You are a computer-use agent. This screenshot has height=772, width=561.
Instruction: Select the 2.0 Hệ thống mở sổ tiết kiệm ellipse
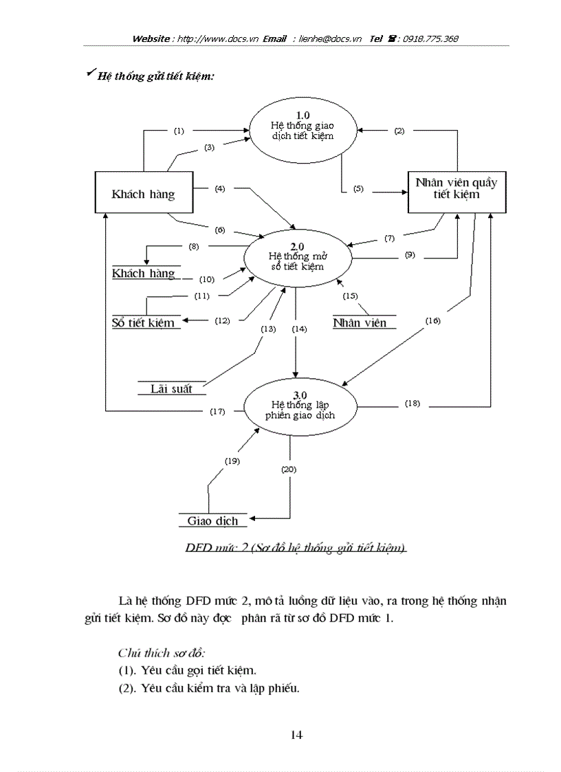click(x=296, y=256)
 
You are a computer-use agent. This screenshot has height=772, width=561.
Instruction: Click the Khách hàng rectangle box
click(x=143, y=194)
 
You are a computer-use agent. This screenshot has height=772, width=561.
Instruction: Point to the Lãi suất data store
click(x=171, y=388)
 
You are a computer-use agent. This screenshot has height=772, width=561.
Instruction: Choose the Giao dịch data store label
click(x=212, y=521)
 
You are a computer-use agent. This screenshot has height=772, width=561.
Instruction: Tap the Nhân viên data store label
click(x=360, y=322)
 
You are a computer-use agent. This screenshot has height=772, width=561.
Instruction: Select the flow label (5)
click(x=358, y=188)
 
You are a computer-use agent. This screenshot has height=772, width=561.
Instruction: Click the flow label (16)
click(x=432, y=320)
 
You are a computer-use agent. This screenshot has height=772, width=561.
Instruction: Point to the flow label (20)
click(x=289, y=469)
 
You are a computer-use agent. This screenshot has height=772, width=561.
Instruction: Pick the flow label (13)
click(x=267, y=329)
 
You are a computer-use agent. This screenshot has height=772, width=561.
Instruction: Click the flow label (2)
click(x=399, y=131)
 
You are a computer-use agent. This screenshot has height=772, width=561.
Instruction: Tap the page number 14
click(x=296, y=735)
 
